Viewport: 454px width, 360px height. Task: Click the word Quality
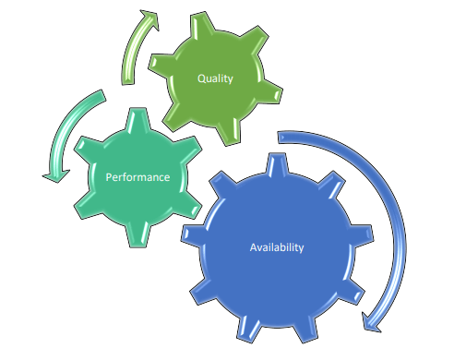click(x=215, y=78)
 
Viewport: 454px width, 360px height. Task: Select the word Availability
click(x=277, y=247)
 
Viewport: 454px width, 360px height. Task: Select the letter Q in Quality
click(x=201, y=78)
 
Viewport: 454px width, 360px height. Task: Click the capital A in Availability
click(x=253, y=247)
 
